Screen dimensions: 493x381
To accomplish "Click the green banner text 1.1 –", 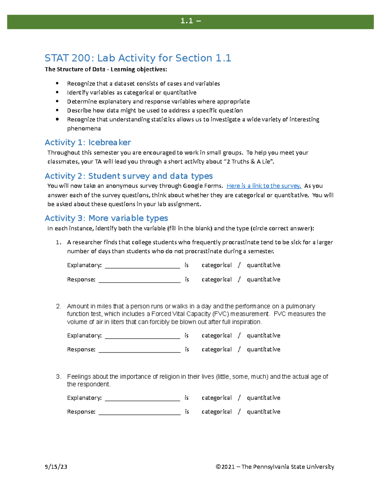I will (x=190, y=21).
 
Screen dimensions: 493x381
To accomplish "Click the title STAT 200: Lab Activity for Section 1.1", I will (x=138, y=58).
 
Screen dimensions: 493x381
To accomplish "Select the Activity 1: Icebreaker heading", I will (x=88, y=142).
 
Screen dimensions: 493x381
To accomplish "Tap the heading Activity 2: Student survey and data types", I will (x=129, y=176).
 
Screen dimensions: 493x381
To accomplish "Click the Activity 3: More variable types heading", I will (x=106, y=218).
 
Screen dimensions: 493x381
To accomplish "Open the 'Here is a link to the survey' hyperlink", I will (x=264, y=186).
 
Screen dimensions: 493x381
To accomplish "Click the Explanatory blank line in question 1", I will (x=142, y=266).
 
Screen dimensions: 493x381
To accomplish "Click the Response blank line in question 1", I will (x=139, y=280).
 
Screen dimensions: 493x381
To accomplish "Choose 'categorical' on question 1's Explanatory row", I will (x=217, y=265).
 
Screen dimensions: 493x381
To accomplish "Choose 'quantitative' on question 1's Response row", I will (x=264, y=279).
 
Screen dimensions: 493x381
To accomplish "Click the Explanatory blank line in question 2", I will (x=142, y=336).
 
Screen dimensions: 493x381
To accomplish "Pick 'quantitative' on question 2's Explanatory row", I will (x=264, y=336).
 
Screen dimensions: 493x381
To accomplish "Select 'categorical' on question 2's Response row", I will (x=217, y=350).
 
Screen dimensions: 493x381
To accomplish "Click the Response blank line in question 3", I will (x=139, y=412).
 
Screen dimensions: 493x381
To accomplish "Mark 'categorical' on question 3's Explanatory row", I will (x=217, y=398).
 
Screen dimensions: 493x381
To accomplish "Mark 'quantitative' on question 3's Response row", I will (x=264, y=412).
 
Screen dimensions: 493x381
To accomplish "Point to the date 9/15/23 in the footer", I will (x=56, y=467).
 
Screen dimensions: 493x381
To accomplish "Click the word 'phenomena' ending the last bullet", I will (x=84, y=129).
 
